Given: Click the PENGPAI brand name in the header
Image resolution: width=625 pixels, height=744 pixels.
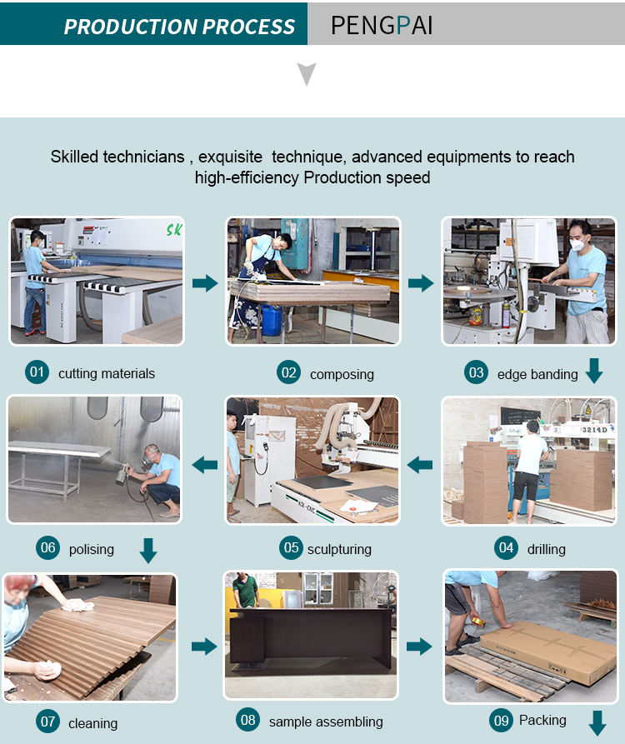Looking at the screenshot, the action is tap(382, 25).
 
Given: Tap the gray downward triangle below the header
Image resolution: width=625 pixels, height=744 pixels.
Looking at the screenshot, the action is tap(307, 73).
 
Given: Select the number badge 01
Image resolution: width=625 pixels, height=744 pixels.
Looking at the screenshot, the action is tap(37, 372).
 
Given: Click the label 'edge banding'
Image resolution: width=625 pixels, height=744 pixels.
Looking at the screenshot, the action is tap(537, 374).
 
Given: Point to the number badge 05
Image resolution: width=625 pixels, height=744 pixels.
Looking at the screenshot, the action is tap(291, 548).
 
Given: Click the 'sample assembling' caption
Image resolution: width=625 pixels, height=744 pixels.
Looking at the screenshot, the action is tap(326, 722).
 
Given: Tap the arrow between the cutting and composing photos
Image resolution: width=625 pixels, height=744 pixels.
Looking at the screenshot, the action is tap(205, 283).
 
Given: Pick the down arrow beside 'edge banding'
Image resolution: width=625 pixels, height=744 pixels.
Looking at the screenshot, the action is tap(594, 371).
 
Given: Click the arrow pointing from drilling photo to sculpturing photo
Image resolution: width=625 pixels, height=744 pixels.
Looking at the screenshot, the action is tap(420, 465).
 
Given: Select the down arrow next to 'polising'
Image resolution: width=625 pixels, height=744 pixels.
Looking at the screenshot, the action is tap(148, 551).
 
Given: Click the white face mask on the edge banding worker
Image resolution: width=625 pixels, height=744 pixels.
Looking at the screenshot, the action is tap(577, 245).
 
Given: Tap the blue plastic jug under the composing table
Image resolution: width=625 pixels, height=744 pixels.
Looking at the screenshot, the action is tap(272, 319).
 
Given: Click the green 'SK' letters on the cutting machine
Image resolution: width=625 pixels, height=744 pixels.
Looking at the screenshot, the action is tap(173, 230).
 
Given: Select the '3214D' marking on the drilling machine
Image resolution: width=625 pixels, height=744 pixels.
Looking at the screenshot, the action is tap(595, 429).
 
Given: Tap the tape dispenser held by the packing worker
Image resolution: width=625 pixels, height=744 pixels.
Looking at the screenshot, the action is tap(477, 621).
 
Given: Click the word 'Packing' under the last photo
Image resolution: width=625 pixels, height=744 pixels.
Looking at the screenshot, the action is tap(542, 720).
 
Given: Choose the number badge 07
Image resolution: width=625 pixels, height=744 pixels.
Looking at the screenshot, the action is tap(47, 722).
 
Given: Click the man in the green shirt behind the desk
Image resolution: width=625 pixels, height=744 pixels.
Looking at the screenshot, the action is tap(245, 590).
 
